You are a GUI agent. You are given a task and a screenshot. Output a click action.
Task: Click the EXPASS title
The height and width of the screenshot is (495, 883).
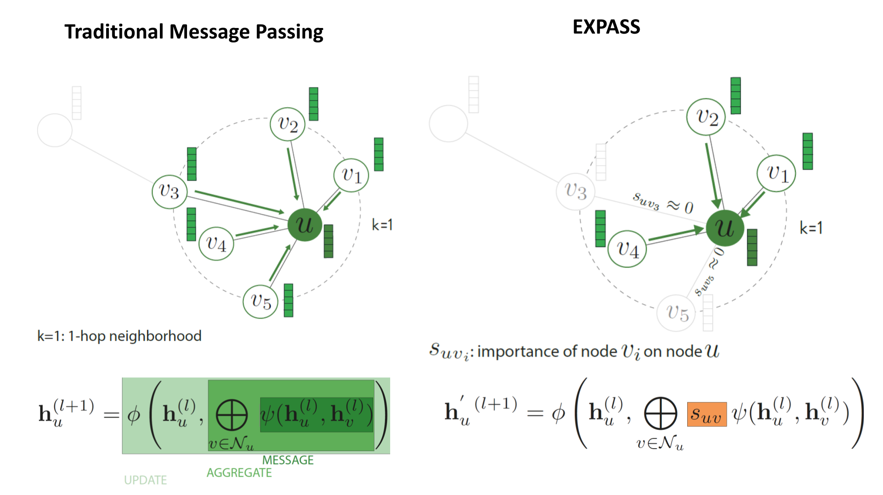point(606,27)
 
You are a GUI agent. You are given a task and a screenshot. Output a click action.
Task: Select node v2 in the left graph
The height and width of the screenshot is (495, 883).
point(287,124)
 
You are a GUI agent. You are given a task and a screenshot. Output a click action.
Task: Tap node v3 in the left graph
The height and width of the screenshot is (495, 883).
point(170,191)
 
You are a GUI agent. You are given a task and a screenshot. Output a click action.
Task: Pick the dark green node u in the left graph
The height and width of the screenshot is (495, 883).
point(305,225)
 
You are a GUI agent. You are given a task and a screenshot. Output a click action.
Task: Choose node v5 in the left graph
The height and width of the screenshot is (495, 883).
point(260,302)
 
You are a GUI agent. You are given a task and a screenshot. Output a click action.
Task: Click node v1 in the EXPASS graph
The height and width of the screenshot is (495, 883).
point(776,173)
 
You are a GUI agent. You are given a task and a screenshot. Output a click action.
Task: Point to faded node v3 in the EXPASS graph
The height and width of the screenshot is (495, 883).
point(575,191)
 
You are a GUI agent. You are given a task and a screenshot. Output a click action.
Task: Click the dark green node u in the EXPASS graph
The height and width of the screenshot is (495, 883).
point(725,228)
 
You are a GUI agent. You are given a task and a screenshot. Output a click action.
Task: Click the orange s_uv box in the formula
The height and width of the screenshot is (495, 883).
point(706,414)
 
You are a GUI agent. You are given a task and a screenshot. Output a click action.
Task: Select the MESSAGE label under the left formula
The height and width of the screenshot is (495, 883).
point(287,460)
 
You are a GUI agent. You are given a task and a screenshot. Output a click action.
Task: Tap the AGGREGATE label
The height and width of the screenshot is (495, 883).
point(239,473)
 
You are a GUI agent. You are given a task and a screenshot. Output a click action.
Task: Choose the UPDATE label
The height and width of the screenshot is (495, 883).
point(145,480)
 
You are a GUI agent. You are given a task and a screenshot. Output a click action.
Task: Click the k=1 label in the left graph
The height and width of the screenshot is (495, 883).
point(382,225)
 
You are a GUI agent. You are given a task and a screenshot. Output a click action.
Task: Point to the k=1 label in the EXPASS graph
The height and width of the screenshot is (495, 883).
point(811,228)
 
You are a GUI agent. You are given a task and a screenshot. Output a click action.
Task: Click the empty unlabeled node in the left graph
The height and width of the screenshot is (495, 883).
point(55,130)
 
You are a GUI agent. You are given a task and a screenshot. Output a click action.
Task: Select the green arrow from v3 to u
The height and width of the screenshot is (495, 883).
point(239,202)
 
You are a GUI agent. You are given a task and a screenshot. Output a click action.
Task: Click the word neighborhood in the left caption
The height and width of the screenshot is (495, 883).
point(155,336)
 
